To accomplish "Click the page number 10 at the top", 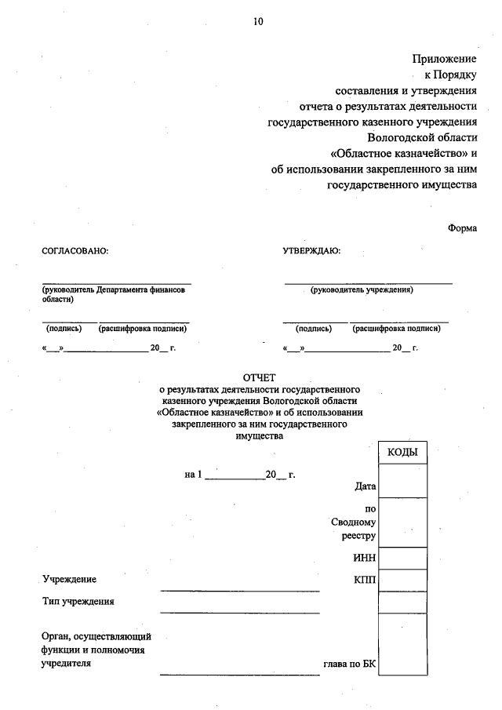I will pos(258,21).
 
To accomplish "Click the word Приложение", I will pos(445,59).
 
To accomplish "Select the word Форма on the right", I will pos(462,228).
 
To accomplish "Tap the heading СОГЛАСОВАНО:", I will pos(74,252).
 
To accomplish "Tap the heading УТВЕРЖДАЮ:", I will pos(311,252).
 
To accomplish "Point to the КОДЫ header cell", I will pos(402,453).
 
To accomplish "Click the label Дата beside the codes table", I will pos(366,486).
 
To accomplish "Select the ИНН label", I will pos(365,558).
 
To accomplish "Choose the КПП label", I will pos(365,579).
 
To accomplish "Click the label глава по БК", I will pos(350,664).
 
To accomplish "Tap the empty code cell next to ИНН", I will pos(402,558).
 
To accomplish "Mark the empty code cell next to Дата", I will pos(402,480).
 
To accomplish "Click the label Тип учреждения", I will pos(78,602).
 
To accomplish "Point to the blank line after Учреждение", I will pos(239,588).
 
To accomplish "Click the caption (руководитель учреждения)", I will pos(362,290).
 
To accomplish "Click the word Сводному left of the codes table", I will pos(355,522).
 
